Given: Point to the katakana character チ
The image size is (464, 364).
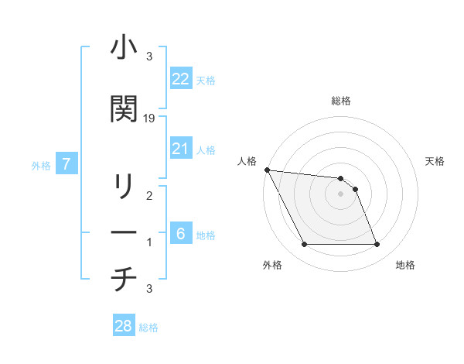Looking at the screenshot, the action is pos(123,278).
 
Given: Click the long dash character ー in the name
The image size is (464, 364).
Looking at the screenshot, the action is pos(123,232).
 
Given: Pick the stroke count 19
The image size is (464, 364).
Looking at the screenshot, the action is pos(149,118).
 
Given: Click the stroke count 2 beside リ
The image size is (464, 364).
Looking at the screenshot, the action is pos(149,196).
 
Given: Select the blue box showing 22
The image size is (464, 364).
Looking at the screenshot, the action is pos(181,79).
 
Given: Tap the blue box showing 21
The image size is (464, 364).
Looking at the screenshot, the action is pos(181,149).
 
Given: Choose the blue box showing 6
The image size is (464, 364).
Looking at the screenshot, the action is pos(181,234).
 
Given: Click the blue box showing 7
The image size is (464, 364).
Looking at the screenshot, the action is pos(67,164).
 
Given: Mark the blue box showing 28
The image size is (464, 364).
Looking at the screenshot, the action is pos(124,326).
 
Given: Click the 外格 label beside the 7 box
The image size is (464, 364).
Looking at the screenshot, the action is pos(41,165).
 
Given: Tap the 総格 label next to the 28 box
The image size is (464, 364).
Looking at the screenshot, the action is pos(149,328).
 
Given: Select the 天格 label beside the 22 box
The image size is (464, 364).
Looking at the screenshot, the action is pos(206,81).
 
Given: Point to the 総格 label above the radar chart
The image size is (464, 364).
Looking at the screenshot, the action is pos(341,101).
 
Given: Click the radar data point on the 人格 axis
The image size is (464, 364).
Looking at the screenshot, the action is pos(267,170).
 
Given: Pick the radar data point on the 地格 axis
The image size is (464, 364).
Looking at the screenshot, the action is pos(377,245).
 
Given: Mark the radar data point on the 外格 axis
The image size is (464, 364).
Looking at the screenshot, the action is pos(304,245).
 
